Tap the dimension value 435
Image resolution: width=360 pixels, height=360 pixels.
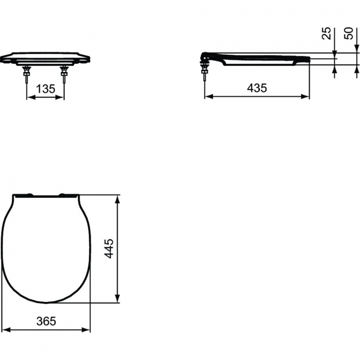pos(257,88)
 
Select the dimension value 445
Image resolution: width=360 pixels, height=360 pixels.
pos(110,249)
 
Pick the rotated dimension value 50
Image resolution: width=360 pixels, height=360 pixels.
pos(349,33)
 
